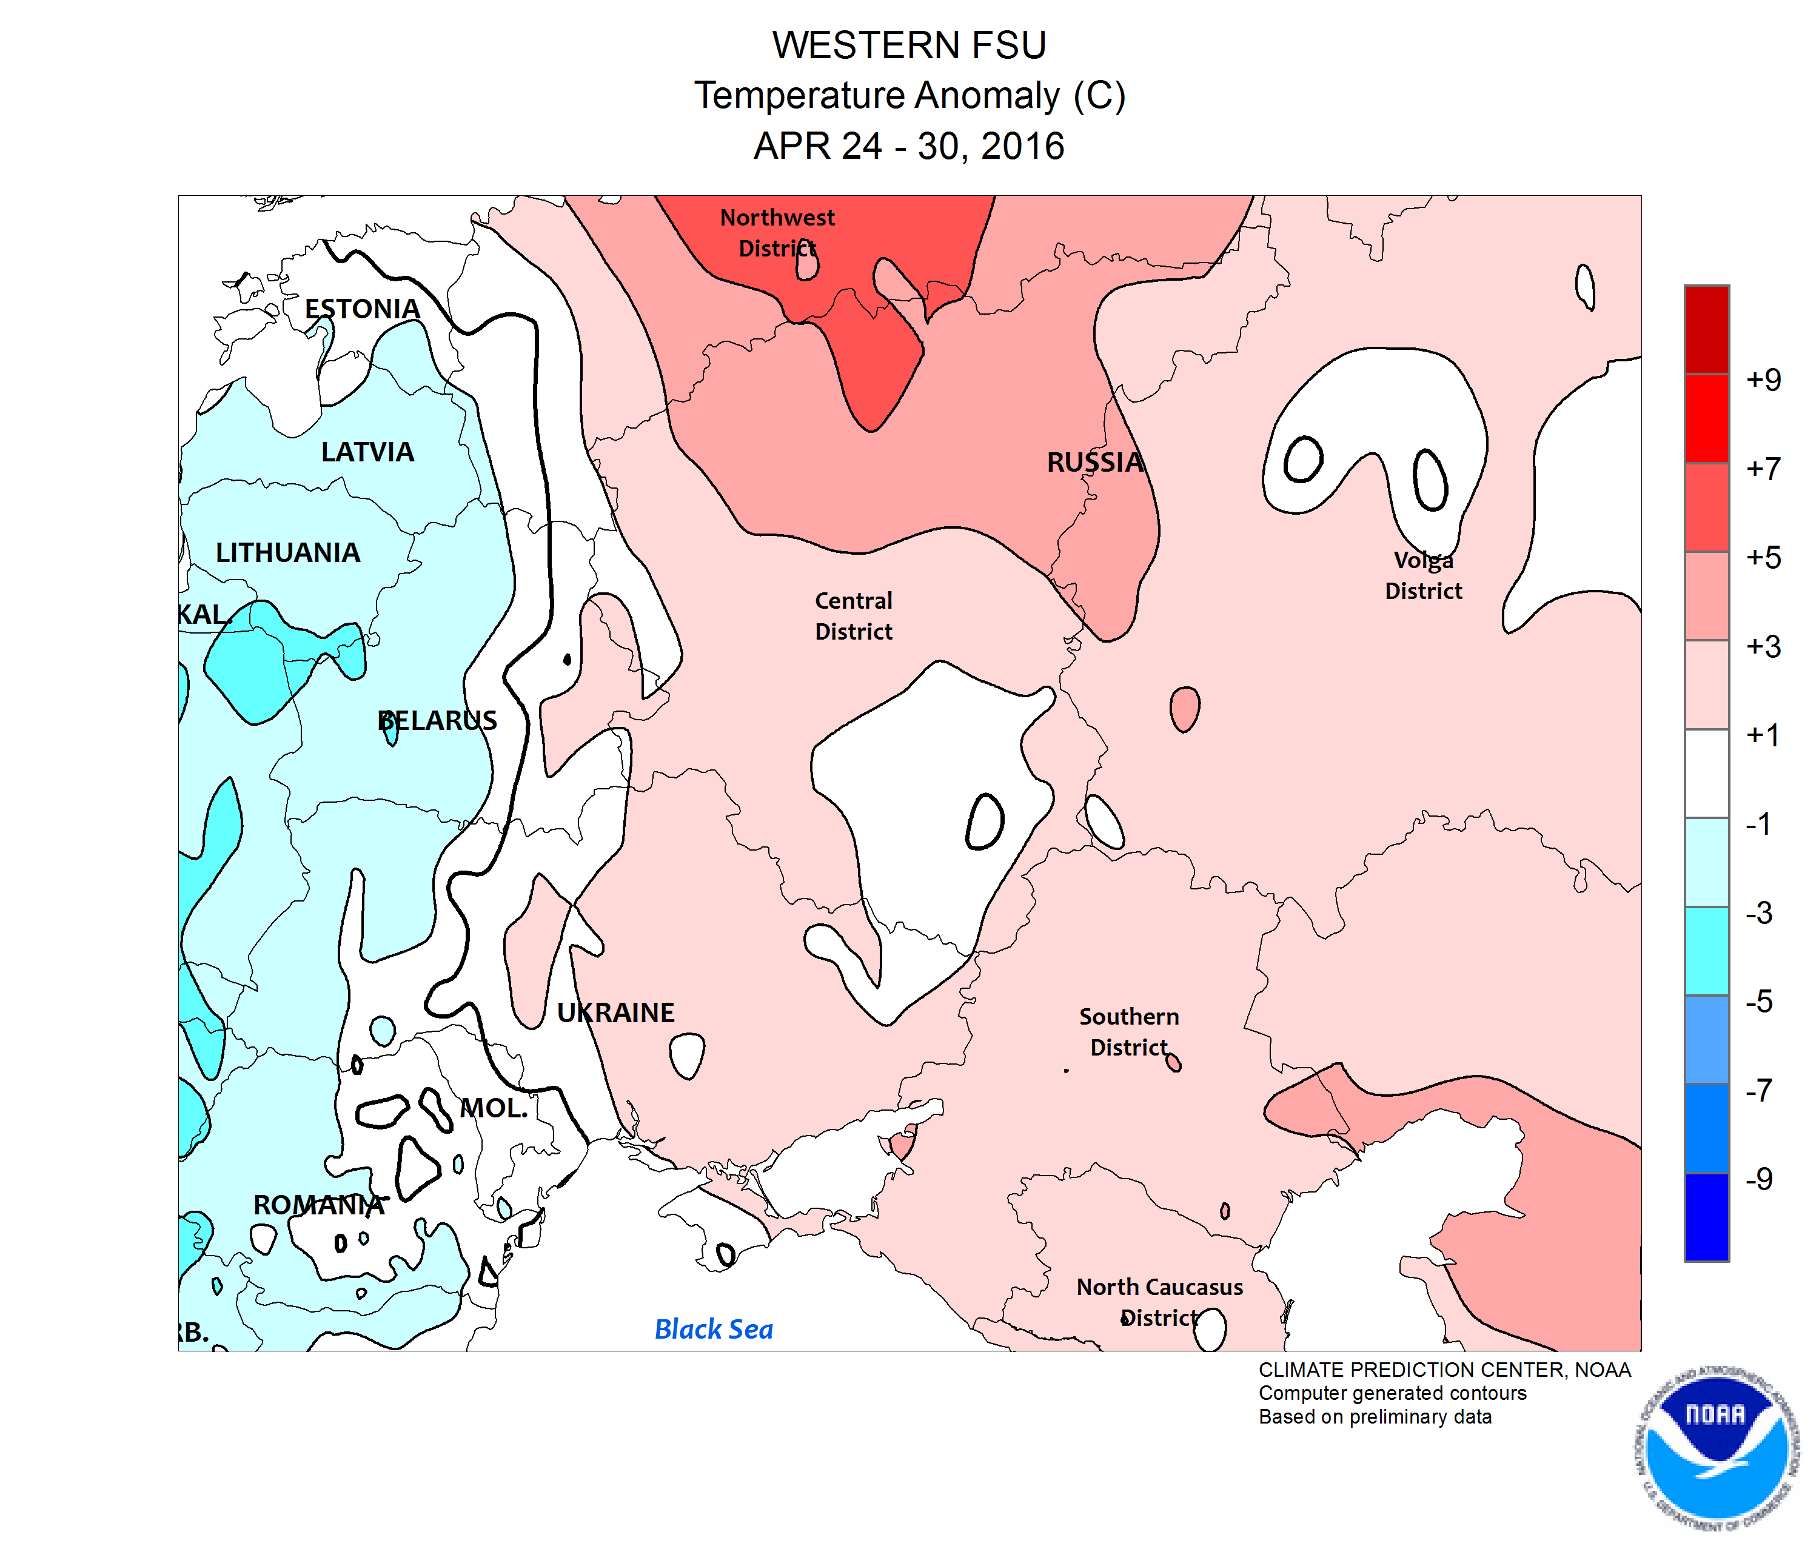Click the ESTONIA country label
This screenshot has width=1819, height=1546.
tap(362, 309)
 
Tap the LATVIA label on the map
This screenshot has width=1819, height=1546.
tap(367, 451)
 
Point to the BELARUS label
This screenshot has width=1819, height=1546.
tap(437, 720)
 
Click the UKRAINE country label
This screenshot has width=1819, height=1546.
tap(615, 1012)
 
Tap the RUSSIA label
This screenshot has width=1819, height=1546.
tap(1095, 462)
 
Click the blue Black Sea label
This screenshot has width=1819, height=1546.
tap(714, 1328)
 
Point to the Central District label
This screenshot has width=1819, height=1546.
tap(853, 615)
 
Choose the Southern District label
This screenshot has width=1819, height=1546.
tap(1129, 1031)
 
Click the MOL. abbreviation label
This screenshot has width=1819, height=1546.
tap(494, 1108)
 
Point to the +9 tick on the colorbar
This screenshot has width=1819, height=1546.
tap(1763, 380)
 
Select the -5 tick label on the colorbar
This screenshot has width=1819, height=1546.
tap(1758, 1001)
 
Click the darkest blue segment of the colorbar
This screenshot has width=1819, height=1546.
tap(1706, 1216)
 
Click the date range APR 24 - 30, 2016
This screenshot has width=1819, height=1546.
tap(909, 146)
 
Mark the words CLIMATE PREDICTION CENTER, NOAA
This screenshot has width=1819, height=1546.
tap(1444, 1370)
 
